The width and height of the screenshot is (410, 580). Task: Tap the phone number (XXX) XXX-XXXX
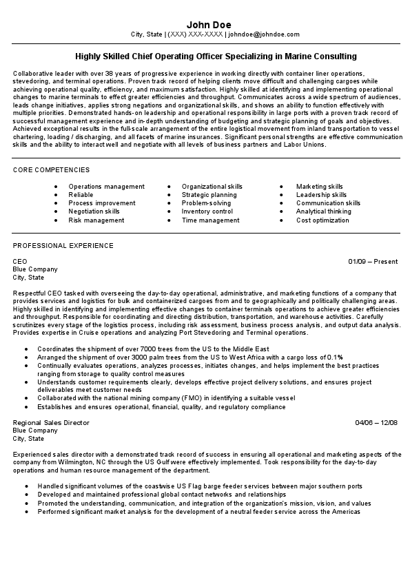click(x=195, y=34)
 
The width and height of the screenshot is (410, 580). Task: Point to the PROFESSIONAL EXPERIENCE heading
click(x=63, y=245)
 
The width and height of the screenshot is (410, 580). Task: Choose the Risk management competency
click(x=96, y=220)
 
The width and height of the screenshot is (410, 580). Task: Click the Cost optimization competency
click(x=322, y=220)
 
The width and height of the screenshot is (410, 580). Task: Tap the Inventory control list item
click(x=207, y=212)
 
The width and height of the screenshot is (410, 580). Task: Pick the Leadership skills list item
click(x=321, y=195)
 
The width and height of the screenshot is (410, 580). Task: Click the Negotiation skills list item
click(x=94, y=212)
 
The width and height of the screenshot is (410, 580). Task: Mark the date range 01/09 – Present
click(x=373, y=262)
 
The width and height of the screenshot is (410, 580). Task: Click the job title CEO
click(x=20, y=262)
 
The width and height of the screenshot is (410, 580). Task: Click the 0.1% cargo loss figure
click(x=335, y=357)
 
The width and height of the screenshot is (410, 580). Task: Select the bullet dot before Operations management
click(x=56, y=187)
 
